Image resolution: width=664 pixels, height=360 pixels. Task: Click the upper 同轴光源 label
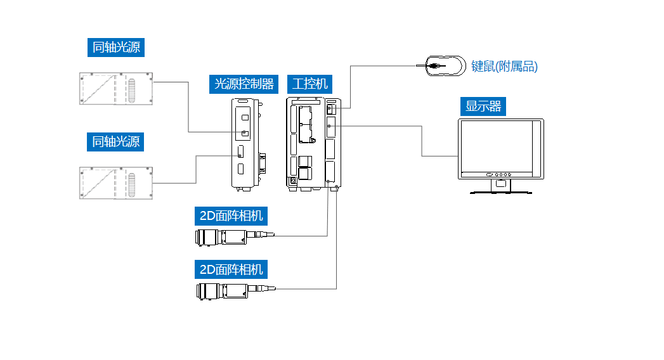pyautogui.click(x=116, y=48)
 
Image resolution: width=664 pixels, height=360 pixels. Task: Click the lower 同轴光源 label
pyautogui.click(x=115, y=141)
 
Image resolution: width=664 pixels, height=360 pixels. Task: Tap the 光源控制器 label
pyautogui.click(x=244, y=84)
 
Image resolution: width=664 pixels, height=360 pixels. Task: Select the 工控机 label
pyautogui.click(x=310, y=84)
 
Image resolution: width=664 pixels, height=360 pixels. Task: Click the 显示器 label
pyautogui.click(x=483, y=106)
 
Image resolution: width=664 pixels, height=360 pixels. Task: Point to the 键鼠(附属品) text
pyautogui.click(x=504, y=67)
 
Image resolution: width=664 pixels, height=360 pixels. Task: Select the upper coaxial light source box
pyautogui.click(x=115, y=89)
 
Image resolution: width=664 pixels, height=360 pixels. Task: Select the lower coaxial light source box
pyautogui.click(x=115, y=183)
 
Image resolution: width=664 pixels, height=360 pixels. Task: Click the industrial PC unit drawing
pyautogui.click(x=313, y=143)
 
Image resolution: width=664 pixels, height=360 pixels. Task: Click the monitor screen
pyautogui.click(x=495, y=146)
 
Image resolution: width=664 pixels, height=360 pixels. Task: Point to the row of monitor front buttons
pyautogui.click(x=499, y=174)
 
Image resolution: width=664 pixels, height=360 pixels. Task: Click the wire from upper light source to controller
pyautogui.click(x=188, y=108)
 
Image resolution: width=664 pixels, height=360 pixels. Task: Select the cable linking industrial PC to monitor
pyautogui.click(x=422, y=141)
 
